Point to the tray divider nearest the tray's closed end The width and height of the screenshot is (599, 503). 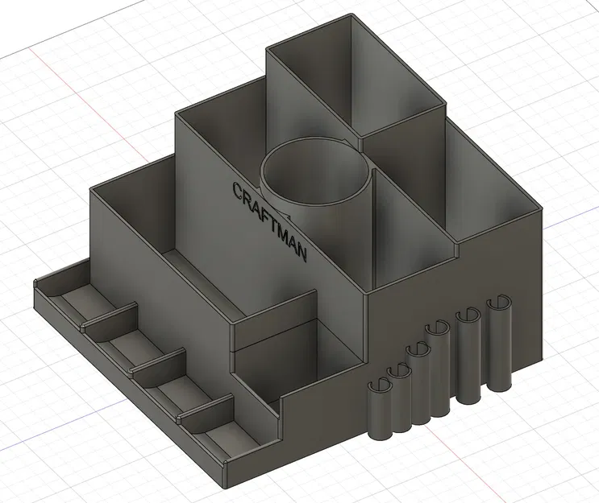[x=109, y=315]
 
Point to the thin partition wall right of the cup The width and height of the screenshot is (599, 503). [x=372, y=229]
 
